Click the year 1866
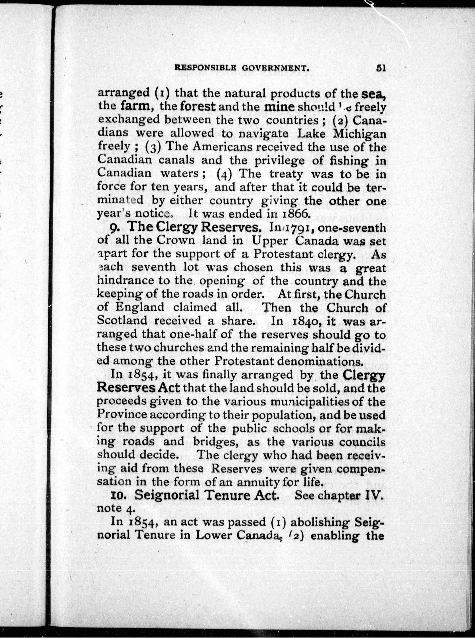point(296,213)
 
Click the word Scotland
point(122,321)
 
